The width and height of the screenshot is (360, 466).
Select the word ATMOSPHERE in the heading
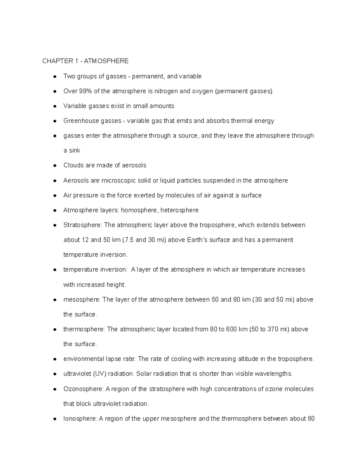(106, 61)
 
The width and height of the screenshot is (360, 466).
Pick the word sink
(75, 151)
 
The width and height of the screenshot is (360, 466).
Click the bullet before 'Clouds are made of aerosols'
(55, 166)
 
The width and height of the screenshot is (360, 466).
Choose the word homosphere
(139, 210)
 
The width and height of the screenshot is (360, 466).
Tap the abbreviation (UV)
(98, 374)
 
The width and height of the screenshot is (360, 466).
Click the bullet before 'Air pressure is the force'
(55, 196)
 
